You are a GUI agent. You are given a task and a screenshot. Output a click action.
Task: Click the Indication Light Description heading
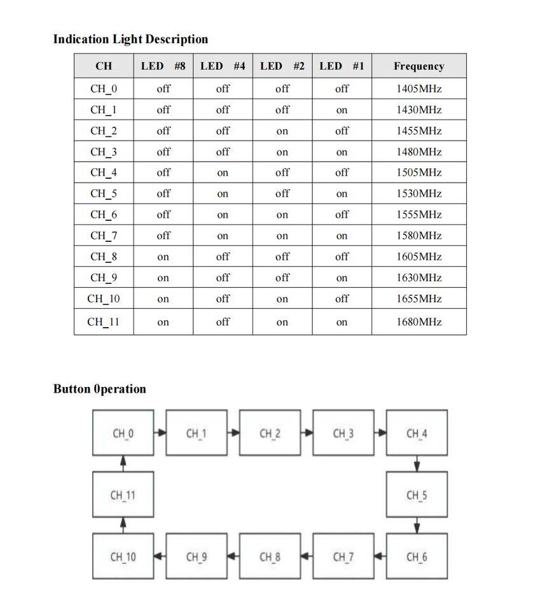point(130,39)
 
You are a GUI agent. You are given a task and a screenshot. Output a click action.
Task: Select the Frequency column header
point(418,66)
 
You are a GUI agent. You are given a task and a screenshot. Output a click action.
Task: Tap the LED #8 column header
point(163,66)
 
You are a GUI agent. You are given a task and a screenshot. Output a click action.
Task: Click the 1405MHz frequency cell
point(418,89)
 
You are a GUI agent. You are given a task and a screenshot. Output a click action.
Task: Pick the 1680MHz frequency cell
point(418,322)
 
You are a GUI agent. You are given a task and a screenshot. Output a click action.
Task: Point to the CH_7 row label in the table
point(103,236)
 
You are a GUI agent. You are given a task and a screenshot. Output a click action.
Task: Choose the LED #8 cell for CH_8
point(163,257)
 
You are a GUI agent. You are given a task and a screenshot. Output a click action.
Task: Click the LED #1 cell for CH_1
point(341,110)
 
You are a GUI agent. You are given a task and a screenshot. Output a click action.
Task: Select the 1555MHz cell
point(418,215)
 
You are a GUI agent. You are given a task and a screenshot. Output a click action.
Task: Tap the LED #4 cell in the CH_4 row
point(223,173)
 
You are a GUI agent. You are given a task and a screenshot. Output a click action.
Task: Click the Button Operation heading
point(100,389)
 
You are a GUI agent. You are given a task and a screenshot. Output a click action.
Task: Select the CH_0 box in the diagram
point(123,433)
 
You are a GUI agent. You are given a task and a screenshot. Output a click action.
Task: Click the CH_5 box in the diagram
point(417,495)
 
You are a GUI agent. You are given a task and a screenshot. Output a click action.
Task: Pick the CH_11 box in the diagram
point(123,495)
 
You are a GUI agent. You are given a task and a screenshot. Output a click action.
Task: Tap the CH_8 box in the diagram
point(270,557)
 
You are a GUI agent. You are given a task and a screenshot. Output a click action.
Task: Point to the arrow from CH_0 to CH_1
point(160,433)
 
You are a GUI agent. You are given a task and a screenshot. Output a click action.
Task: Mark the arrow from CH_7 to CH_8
point(307,557)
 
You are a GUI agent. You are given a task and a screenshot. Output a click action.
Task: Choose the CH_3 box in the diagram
point(343,433)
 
